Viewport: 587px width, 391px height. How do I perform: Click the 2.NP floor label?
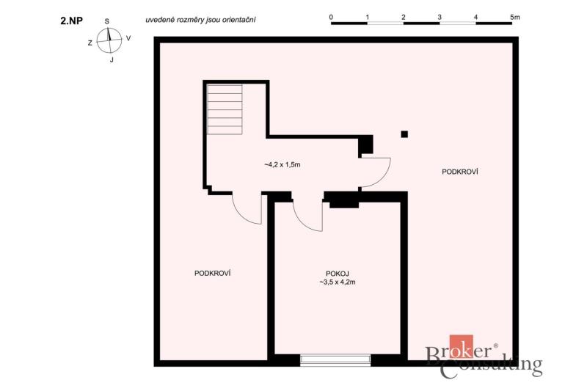point(71,21)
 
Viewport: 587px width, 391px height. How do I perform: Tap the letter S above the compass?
point(107,21)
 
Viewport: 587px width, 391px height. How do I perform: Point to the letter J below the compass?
point(112,60)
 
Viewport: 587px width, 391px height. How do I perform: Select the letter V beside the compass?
point(128,38)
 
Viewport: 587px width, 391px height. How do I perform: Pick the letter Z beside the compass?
point(90,43)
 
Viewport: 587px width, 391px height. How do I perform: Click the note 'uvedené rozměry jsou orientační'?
point(200,20)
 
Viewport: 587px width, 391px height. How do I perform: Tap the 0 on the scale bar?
point(332,17)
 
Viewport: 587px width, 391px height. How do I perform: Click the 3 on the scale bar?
point(440,17)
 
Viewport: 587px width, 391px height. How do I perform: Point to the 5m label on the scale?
point(515,17)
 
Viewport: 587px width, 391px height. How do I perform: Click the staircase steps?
point(225,109)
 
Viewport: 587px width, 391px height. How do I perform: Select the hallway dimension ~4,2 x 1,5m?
point(282,164)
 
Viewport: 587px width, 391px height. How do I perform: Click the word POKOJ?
point(338,274)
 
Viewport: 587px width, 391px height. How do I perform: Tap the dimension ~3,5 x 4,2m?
point(338,282)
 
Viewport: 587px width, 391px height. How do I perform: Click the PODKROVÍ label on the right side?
point(460,172)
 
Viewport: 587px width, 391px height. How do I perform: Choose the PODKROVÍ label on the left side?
point(212,273)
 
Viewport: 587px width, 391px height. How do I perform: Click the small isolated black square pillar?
point(404,134)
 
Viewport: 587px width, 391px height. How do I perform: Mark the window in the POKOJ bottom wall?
point(335,360)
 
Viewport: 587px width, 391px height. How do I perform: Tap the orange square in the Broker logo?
point(462,346)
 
